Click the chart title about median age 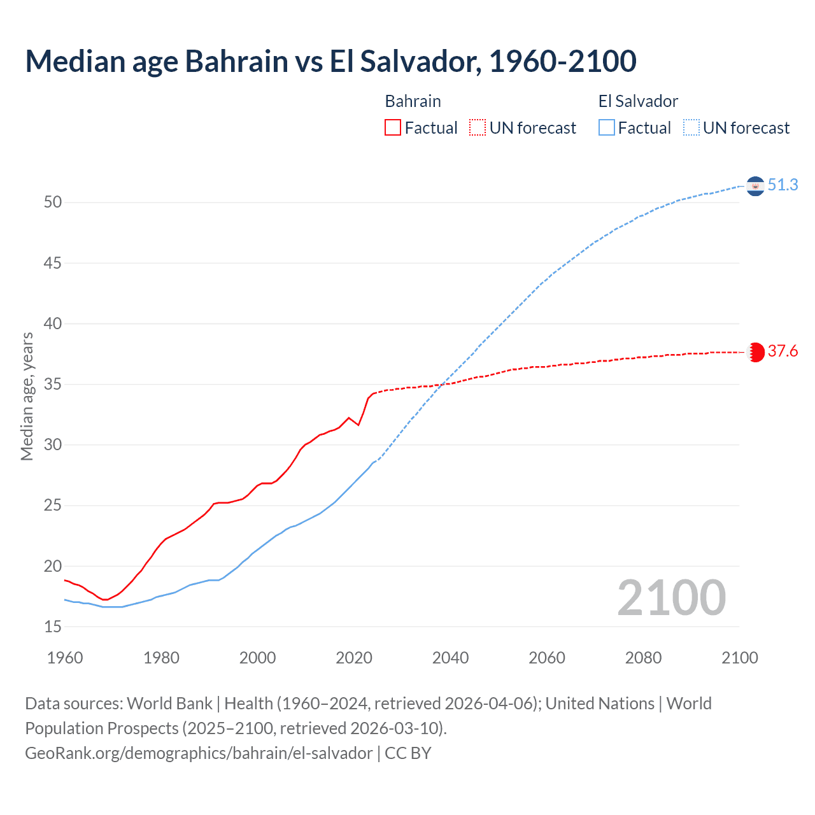[330, 61]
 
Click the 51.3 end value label [783, 185]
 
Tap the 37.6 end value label [783, 351]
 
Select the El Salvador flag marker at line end [755, 186]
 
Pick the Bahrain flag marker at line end [756, 352]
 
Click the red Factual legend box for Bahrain [393, 128]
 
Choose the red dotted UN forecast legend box [478, 128]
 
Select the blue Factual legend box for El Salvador [607, 128]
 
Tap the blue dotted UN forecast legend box [691, 128]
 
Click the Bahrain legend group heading [413, 101]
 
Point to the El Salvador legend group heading [638, 101]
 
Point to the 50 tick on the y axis [53, 202]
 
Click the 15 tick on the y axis [53, 627]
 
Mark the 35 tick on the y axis [53, 385]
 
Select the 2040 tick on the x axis [450, 658]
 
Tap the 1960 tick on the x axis [65, 658]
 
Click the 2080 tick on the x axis [643, 658]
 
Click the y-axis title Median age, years [27, 396]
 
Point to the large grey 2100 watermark [671, 598]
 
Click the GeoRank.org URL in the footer [199, 753]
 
